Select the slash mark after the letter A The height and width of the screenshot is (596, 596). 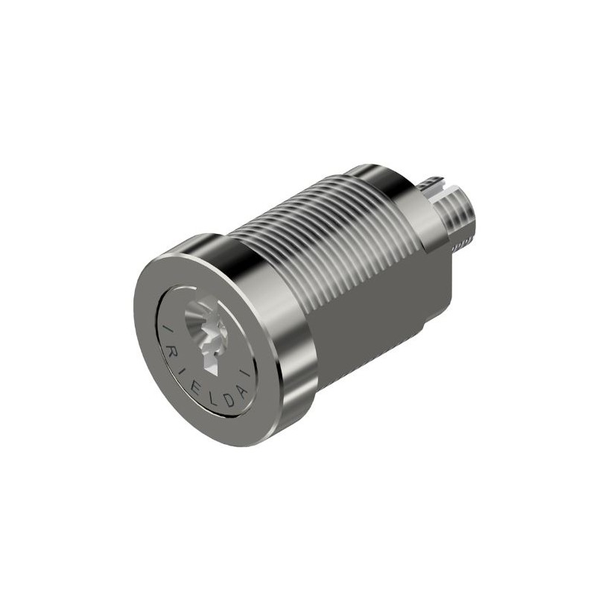point(247,372)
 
